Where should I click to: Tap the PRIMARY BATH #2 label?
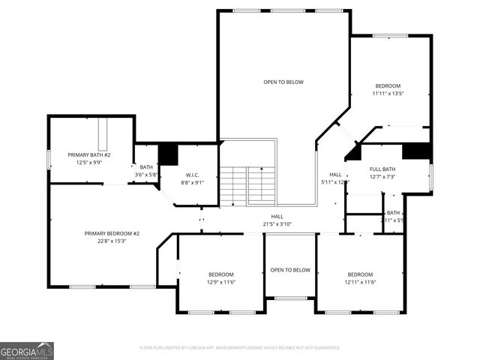89,154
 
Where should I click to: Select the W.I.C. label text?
191,175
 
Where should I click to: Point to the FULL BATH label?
382,169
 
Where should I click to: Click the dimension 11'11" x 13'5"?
388,94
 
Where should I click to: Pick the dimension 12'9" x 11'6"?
220,282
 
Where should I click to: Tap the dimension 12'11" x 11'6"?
359,282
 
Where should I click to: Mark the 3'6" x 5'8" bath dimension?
145,175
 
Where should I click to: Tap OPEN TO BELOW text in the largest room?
283,82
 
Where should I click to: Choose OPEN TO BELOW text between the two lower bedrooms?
290,270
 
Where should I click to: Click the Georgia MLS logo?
27,350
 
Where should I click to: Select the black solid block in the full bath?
415,151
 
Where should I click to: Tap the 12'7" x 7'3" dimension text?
382,177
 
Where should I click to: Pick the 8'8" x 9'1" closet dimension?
191,182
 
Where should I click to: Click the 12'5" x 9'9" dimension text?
89,162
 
